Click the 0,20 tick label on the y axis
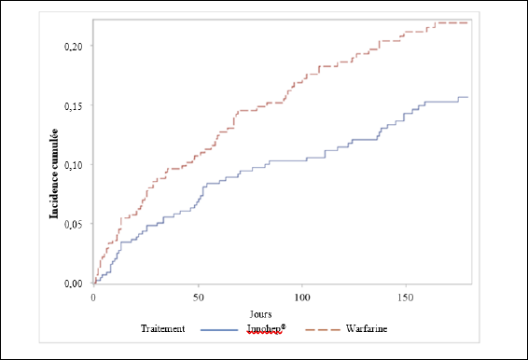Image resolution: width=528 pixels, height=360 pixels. pyautogui.click(x=73, y=47)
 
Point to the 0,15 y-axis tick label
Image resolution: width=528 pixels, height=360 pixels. pyautogui.click(x=73, y=106)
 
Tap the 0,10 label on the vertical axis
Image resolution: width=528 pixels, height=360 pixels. pyautogui.click(x=73, y=165)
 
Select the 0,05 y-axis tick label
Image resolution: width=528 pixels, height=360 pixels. pyautogui.click(x=73, y=225)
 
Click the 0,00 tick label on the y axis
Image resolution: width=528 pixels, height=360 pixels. pyautogui.click(x=73, y=284)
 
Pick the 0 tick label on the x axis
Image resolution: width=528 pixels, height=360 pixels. pyautogui.click(x=93, y=298)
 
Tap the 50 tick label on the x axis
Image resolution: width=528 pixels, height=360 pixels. pyautogui.click(x=199, y=298)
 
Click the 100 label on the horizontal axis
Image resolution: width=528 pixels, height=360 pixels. pyautogui.click(x=302, y=298)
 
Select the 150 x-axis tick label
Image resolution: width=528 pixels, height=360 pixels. pyautogui.click(x=406, y=298)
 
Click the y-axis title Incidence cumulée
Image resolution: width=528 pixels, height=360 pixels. pyautogui.click(x=54, y=173)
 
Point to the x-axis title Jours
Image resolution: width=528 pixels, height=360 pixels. pyautogui.click(x=260, y=314)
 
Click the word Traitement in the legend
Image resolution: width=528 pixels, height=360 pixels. pyautogui.click(x=162, y=328)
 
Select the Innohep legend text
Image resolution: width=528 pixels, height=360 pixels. pyautogui.click(x=264, y=329)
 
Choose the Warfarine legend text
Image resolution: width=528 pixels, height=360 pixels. pyautogui.click(x=367, y=328)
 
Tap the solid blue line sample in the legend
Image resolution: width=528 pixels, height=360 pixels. pyautogui.click(x=219, y=330)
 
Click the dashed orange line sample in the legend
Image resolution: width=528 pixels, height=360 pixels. pyautogui.click(x=323, y=330)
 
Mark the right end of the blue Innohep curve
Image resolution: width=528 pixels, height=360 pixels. pyautogui.click(x=467, y=97)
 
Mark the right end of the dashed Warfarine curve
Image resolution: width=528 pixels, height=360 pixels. pyautogui.click(x=467, y=23)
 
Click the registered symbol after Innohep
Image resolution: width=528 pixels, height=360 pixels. pyautogui.click(x=284, y=326)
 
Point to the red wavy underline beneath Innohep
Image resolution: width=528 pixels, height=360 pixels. pyautogui.click(x=264, y=333)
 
